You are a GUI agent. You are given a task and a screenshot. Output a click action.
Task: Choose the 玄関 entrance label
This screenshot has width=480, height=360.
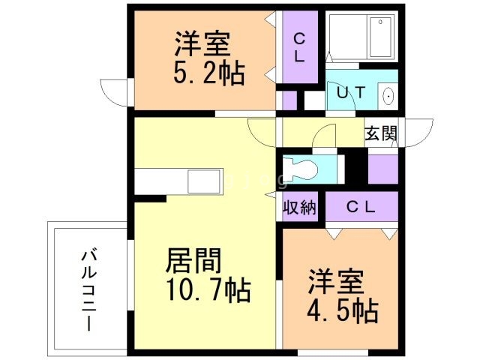pyautogui.click(x=380, y=133)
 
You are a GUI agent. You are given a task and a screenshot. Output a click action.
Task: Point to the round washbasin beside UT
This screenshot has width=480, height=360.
pyautogui.click(x=388, y=96)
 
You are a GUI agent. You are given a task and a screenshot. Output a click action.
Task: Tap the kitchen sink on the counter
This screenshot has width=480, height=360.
pyautogui.click(x=205, y=182)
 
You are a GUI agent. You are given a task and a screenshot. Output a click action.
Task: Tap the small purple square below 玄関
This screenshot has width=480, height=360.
pyautogui.click(x=382, y=168)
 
